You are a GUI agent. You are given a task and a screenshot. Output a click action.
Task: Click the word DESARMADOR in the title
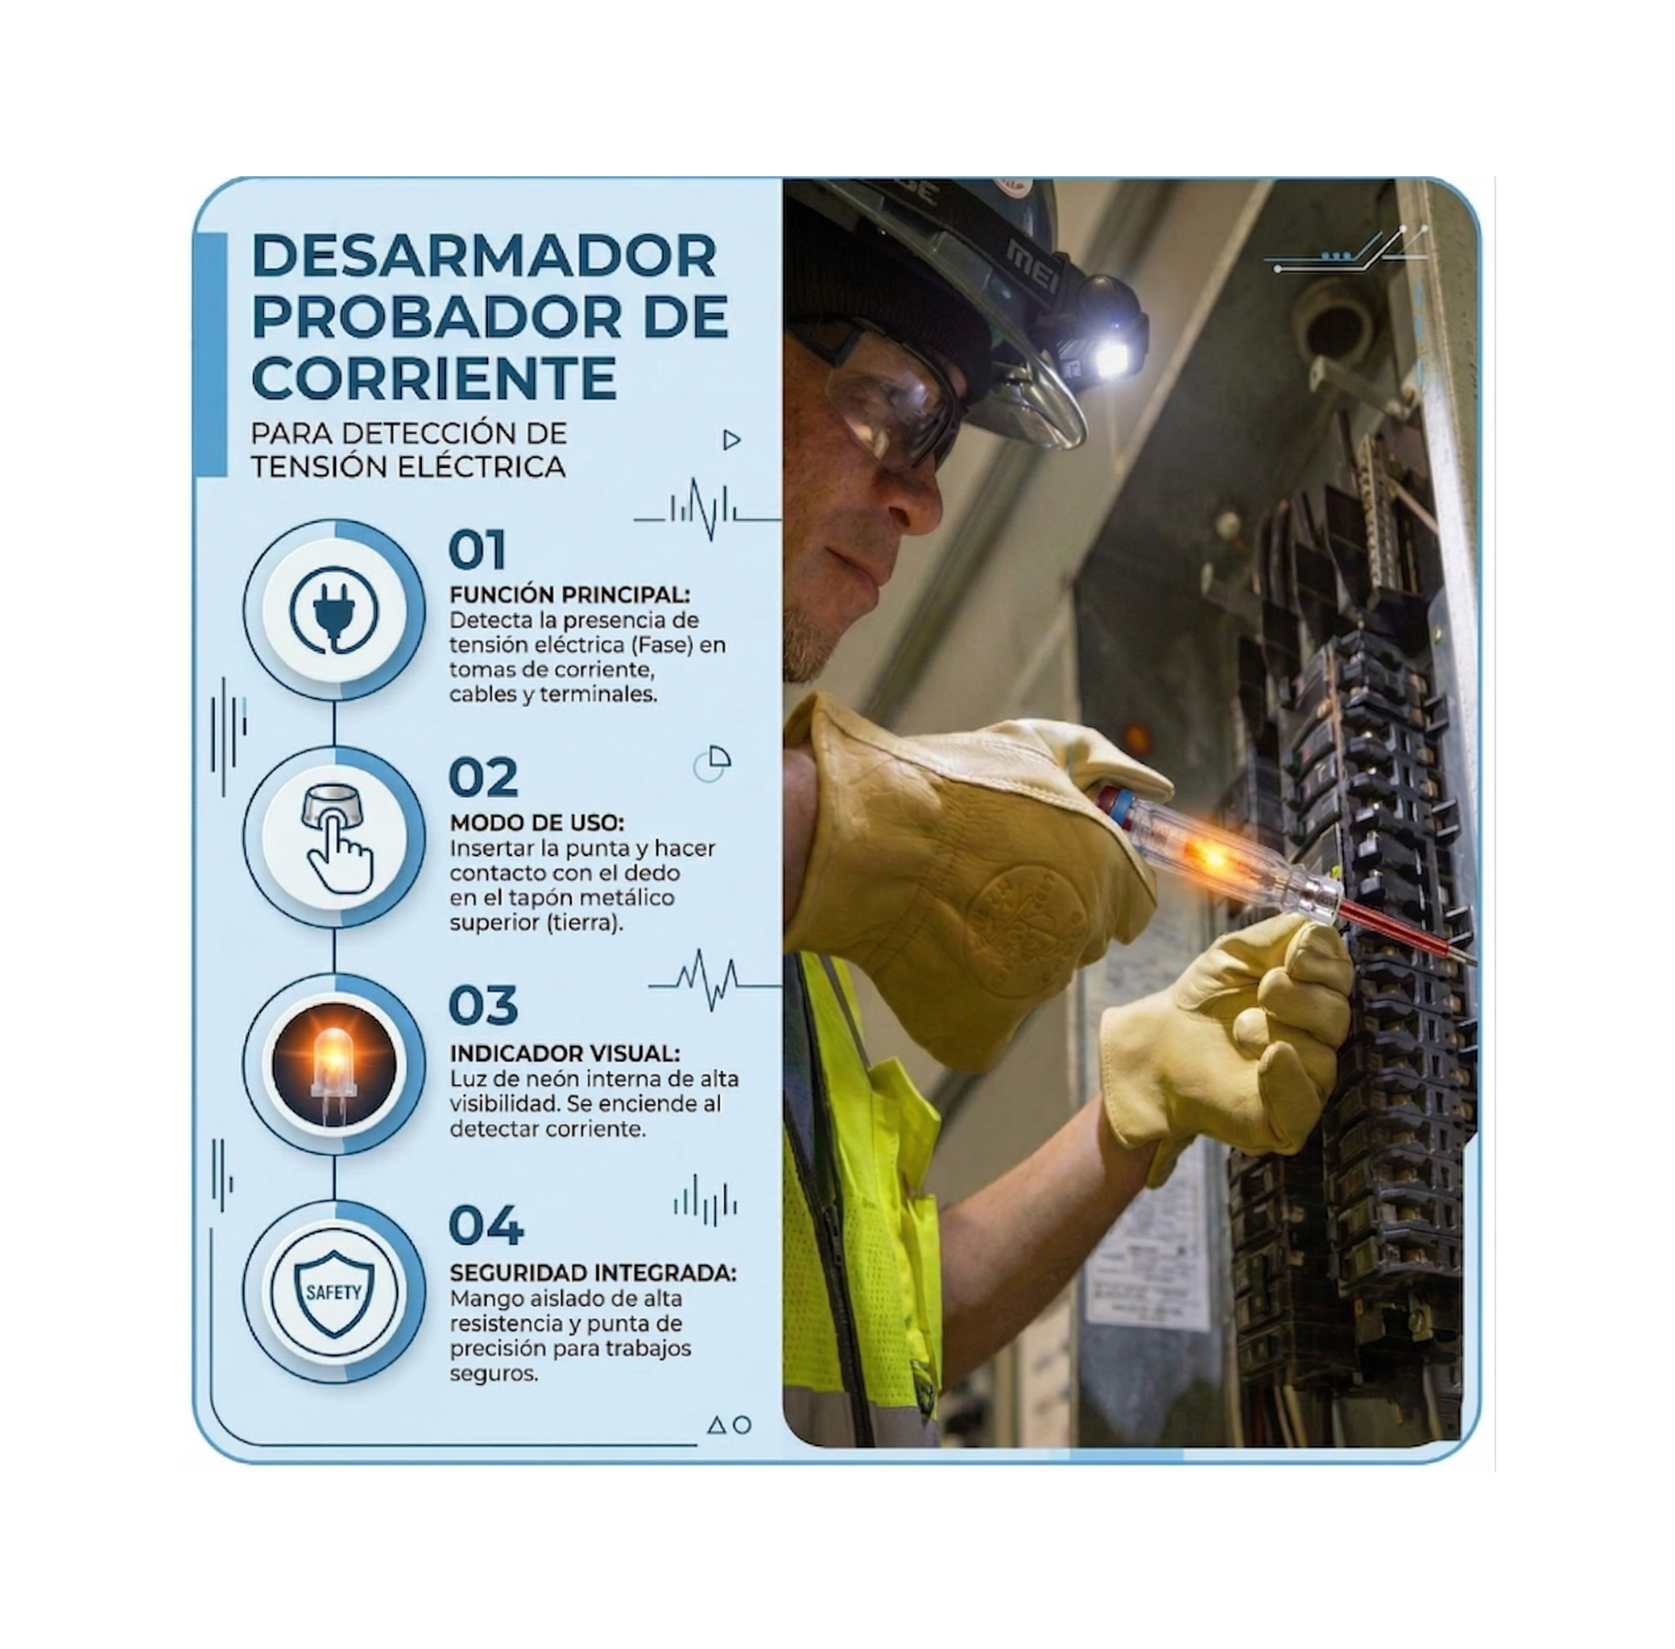pyautogui.click(x=483, y=256)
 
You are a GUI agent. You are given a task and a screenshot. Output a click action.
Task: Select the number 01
pyautogui.click(x=477, y=550)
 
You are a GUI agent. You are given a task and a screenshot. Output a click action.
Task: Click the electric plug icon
pyautogui.click(x=334, y=611)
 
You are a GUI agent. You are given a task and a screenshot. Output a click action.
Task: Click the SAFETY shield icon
pyautogui.click(x=333, y=1292)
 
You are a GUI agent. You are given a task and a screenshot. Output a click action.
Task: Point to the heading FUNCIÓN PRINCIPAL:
pyautogui.click(x=569, y=595)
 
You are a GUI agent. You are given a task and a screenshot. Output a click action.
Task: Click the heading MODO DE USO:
pyautogui.click(x=536, y=822)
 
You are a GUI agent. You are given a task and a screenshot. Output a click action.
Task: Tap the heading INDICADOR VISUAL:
pyautogui.click(x=564, y=1053)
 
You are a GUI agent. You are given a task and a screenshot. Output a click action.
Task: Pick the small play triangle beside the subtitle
pyautogui.click(x=732, y=440)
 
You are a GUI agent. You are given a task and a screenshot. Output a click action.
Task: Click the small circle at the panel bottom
pyautogui.click(x=742, y=1424)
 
